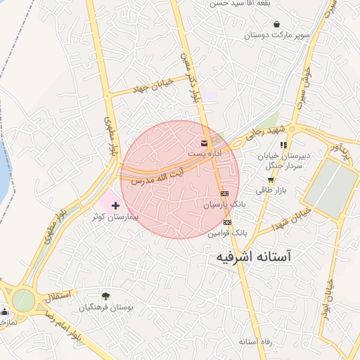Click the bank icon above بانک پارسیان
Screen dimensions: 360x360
click(224, 193)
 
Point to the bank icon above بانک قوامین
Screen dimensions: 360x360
click(226, 222)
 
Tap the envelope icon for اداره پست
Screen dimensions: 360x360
click(204, 143)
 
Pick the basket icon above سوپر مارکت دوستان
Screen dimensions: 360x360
click(276, 24)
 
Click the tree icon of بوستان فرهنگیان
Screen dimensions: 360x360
click(105, 296)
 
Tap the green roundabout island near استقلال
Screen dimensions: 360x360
click(22, 300)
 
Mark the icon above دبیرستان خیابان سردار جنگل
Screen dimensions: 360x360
click(283, 145)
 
